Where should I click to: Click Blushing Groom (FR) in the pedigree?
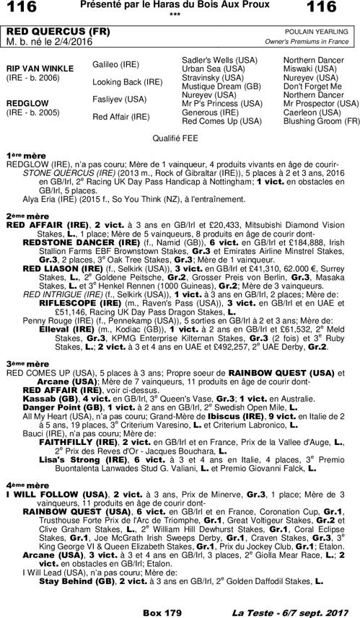pyautogui.click(x=321, y=121)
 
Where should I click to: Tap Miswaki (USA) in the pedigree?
pyautogui.click(x=311, y=69)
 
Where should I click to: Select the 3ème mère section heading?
pyautogui.click(x=22, y=364)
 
